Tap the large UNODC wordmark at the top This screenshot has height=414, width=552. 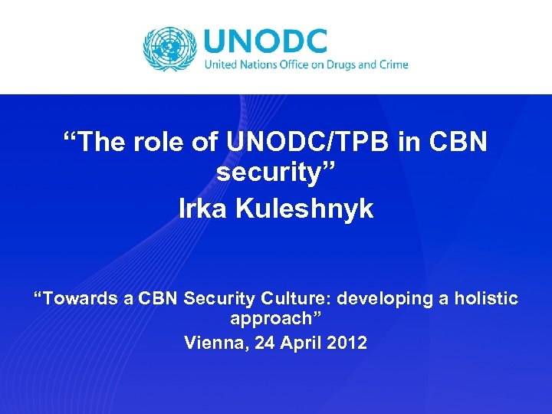265,41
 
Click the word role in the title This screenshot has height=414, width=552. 170,143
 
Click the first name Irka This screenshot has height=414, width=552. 203,209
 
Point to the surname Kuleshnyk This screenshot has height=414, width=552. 305,209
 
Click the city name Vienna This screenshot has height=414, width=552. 210,343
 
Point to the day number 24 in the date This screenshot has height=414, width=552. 256,343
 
